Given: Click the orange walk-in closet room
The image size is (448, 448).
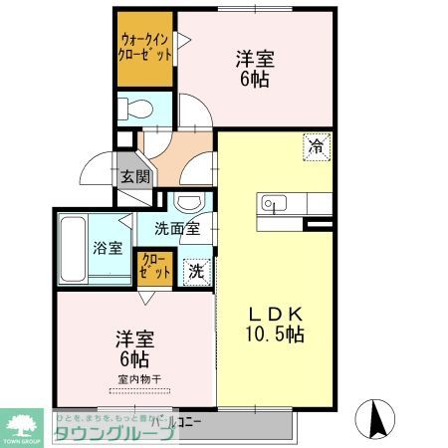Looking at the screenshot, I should [x=143, y=50].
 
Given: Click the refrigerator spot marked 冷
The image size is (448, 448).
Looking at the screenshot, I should [x=316, y=145].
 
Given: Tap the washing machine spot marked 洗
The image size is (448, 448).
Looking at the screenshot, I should [x=197, y=269].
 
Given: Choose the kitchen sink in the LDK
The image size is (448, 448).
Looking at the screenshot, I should [x=272, y=204].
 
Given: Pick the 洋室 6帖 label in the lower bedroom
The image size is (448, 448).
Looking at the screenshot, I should [x=134, y=348].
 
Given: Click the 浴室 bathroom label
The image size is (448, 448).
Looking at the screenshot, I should [x=108, y=245].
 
